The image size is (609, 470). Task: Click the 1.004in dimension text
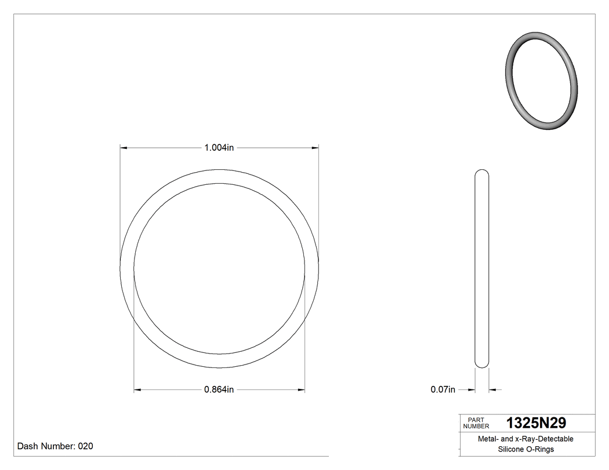click(219, 148)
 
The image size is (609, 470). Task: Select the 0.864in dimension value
click(219, 389)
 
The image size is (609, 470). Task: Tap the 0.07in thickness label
click(443, 389)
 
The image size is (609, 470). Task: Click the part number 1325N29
click(536, 422)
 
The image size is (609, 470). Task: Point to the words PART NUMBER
click(476, 423)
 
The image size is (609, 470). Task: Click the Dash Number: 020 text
click(55, 446)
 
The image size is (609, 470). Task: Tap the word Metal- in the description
click(488, 439)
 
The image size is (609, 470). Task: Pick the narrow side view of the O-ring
click(481, 268)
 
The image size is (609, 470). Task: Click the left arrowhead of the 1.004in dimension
click(124, 148)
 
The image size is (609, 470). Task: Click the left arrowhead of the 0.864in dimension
click(137, 389)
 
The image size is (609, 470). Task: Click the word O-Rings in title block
click(541, 449)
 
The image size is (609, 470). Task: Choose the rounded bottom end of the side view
click(481, 364)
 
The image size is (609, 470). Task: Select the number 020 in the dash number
click(85, 446)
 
